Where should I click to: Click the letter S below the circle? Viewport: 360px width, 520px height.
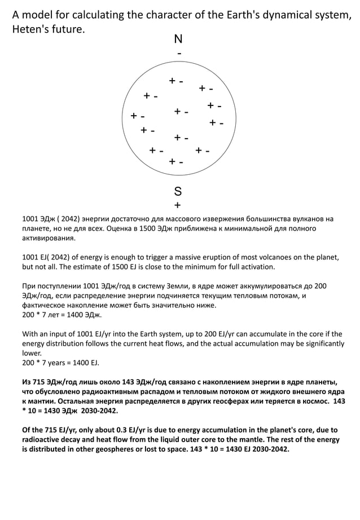click(178, 190)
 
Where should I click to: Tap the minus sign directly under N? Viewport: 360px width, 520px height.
click(179, 53)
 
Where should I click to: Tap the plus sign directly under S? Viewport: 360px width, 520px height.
click(178, 205)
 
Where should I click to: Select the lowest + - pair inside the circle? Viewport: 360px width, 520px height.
click(176, 162)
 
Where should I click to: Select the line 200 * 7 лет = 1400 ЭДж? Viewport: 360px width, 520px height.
click(62, 315)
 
